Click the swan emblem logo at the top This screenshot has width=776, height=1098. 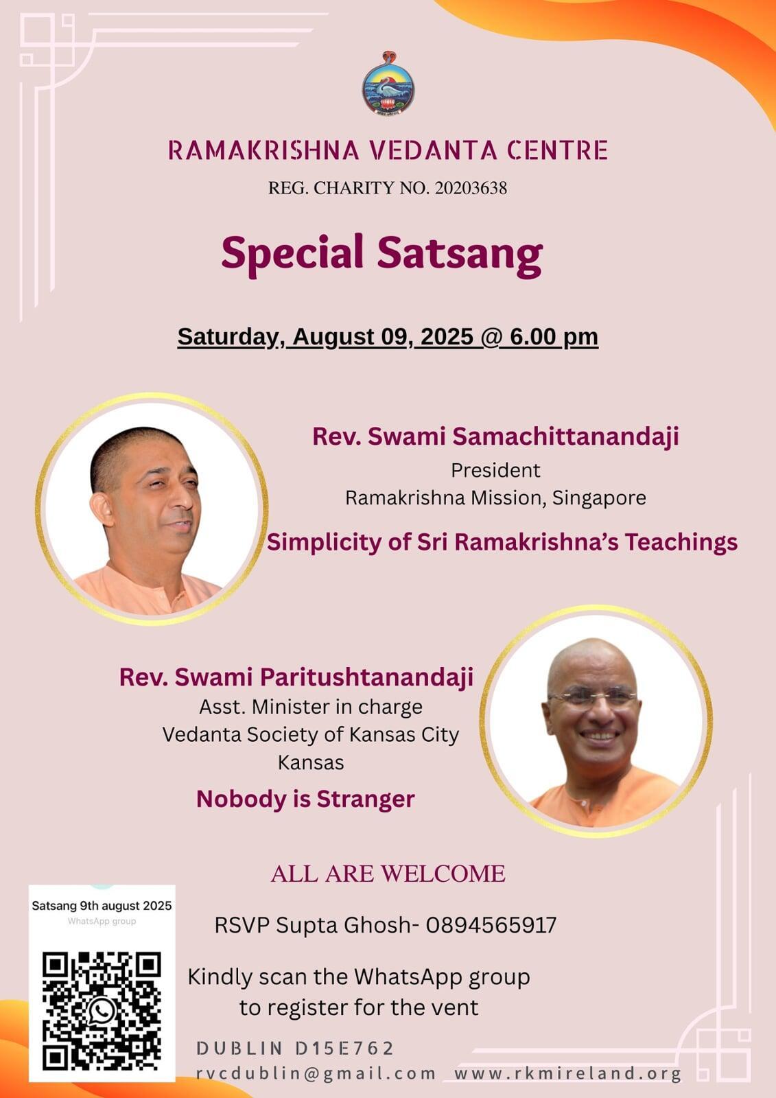(x=388, y=83)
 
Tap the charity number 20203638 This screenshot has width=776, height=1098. (x=471, y=188)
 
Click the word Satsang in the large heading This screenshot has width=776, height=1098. (x=460, y=255)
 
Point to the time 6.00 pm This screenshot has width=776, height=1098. (x=554, y=337)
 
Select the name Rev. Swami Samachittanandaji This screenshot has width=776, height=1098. (x=495, y=436)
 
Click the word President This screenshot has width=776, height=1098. (x=495, y=470)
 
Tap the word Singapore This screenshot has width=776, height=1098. (x=599, y=498)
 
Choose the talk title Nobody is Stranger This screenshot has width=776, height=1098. (x=305, y=799)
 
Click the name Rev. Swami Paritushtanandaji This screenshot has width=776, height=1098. (x=296, y=677)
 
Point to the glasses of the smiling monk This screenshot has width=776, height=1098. (x=591, y=696)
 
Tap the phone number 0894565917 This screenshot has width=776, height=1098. (x=491, y=925)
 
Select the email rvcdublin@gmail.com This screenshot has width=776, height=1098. (x=316, y=1073)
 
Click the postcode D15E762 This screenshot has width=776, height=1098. (x=344, y=1049)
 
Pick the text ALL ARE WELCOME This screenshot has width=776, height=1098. (x=388, y=874)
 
